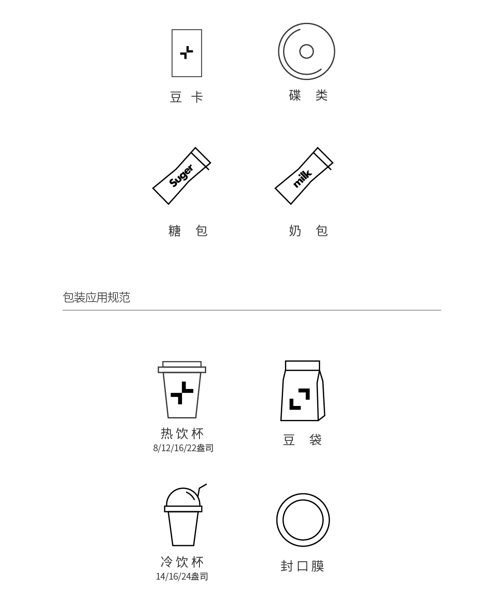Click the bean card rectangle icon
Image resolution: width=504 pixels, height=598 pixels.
[x=172, y=53]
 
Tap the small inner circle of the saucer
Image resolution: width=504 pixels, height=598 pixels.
[x=306, y=45]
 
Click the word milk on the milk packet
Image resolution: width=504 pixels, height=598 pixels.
[x=302, y=179]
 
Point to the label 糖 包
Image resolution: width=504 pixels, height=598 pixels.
[x=188, y=231]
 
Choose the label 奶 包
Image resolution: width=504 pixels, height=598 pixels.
[x=308, y=231]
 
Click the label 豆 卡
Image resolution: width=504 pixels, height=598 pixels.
[x=186, y=97]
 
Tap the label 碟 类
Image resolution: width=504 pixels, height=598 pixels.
[x=308, y=95]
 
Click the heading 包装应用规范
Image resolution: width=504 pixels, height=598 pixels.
[x=97, y=298]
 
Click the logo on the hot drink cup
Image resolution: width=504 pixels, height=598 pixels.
[x=182, y=393]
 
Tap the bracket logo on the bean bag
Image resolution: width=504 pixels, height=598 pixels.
[x=300, y=399]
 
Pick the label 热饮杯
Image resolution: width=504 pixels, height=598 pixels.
[x=182, y=434]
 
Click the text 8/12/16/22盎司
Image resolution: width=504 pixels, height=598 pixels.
[x=183, y=448]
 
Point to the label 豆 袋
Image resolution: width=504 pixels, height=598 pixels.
[x=302, y=440]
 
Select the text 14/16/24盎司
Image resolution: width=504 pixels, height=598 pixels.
[x=182, y=577]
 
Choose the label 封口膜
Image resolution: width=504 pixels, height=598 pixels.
[x=302, y=566]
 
